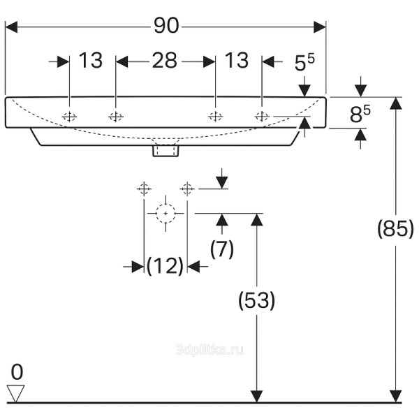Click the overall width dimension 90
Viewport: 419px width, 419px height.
(167, 26)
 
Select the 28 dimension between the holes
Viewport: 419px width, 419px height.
(165, 61)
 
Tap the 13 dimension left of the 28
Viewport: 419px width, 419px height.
(90, 61)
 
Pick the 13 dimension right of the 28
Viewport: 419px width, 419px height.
(237, 61)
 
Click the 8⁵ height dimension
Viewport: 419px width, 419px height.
(359, 113)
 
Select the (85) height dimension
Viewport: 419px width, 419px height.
(395, 228)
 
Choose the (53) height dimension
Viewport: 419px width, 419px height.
(257, 300)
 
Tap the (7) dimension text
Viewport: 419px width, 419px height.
(222, 249)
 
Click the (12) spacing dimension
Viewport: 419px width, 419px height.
(165, 266)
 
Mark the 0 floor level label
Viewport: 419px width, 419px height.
(17, 371)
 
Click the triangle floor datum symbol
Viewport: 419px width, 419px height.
(15, 393)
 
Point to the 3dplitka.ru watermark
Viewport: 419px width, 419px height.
(211, 348)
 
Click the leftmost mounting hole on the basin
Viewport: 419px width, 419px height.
(69, 117)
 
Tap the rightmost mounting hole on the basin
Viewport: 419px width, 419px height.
(261, 117)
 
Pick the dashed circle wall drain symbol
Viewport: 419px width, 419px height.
(166, 212)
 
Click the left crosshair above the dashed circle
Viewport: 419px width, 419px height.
(144, 188)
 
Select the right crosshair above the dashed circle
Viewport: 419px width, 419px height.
(186, 188)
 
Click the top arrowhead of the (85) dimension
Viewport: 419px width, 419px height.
(396, 103)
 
